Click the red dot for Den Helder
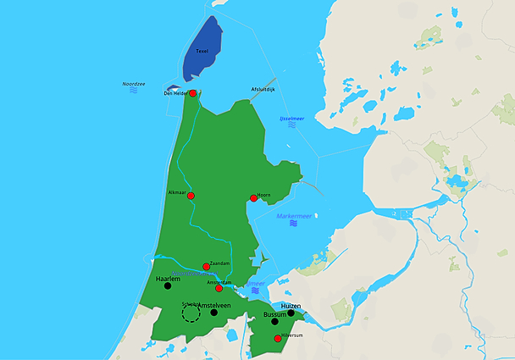pos(193,93)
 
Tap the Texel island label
pos(202,51)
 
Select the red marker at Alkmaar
pos(191,197)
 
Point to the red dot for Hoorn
pos(253,198)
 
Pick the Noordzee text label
pos(134,84)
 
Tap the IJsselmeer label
pos(292,118)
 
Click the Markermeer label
pos(294,216)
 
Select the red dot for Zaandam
pos(207,266)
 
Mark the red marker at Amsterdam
pos(219,289)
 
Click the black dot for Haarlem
pos(168,285)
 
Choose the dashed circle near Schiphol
pos(191,313)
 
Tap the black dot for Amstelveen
pos(214,313)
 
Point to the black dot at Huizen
pos(291,313)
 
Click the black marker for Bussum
pos(274,322)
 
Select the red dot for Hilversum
pos(278,339)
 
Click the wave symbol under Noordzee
pos(134,91)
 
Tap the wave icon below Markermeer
pos(294,224)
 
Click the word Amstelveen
pos(219,305)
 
